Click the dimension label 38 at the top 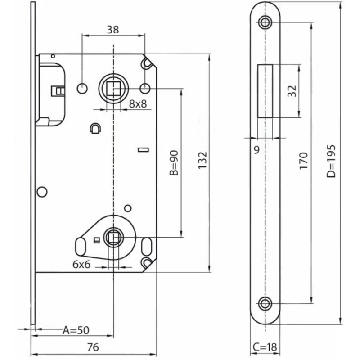tap(113, 30)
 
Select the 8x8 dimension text tap(138, 104)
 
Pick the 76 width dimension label tap(93, 347)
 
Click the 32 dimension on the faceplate tap(292, 91)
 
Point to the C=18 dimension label tap(265, 348)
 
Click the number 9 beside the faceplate tap(256, 150)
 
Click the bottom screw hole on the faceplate tap(265, 303)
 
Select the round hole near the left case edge tap(42, 192)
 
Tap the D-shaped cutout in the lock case tap(95, 129)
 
